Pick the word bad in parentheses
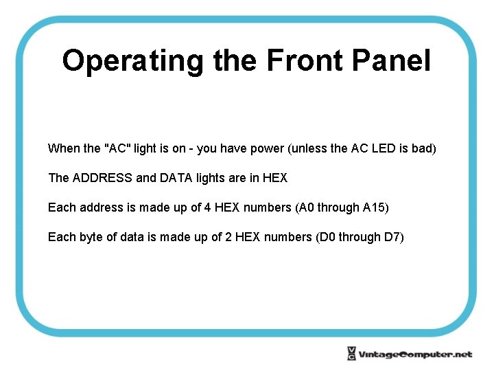[x=423, y=148]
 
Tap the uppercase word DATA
[x=176, y=178]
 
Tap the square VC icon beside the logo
[x=351, y=354]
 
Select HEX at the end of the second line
[x=275, y=178]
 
